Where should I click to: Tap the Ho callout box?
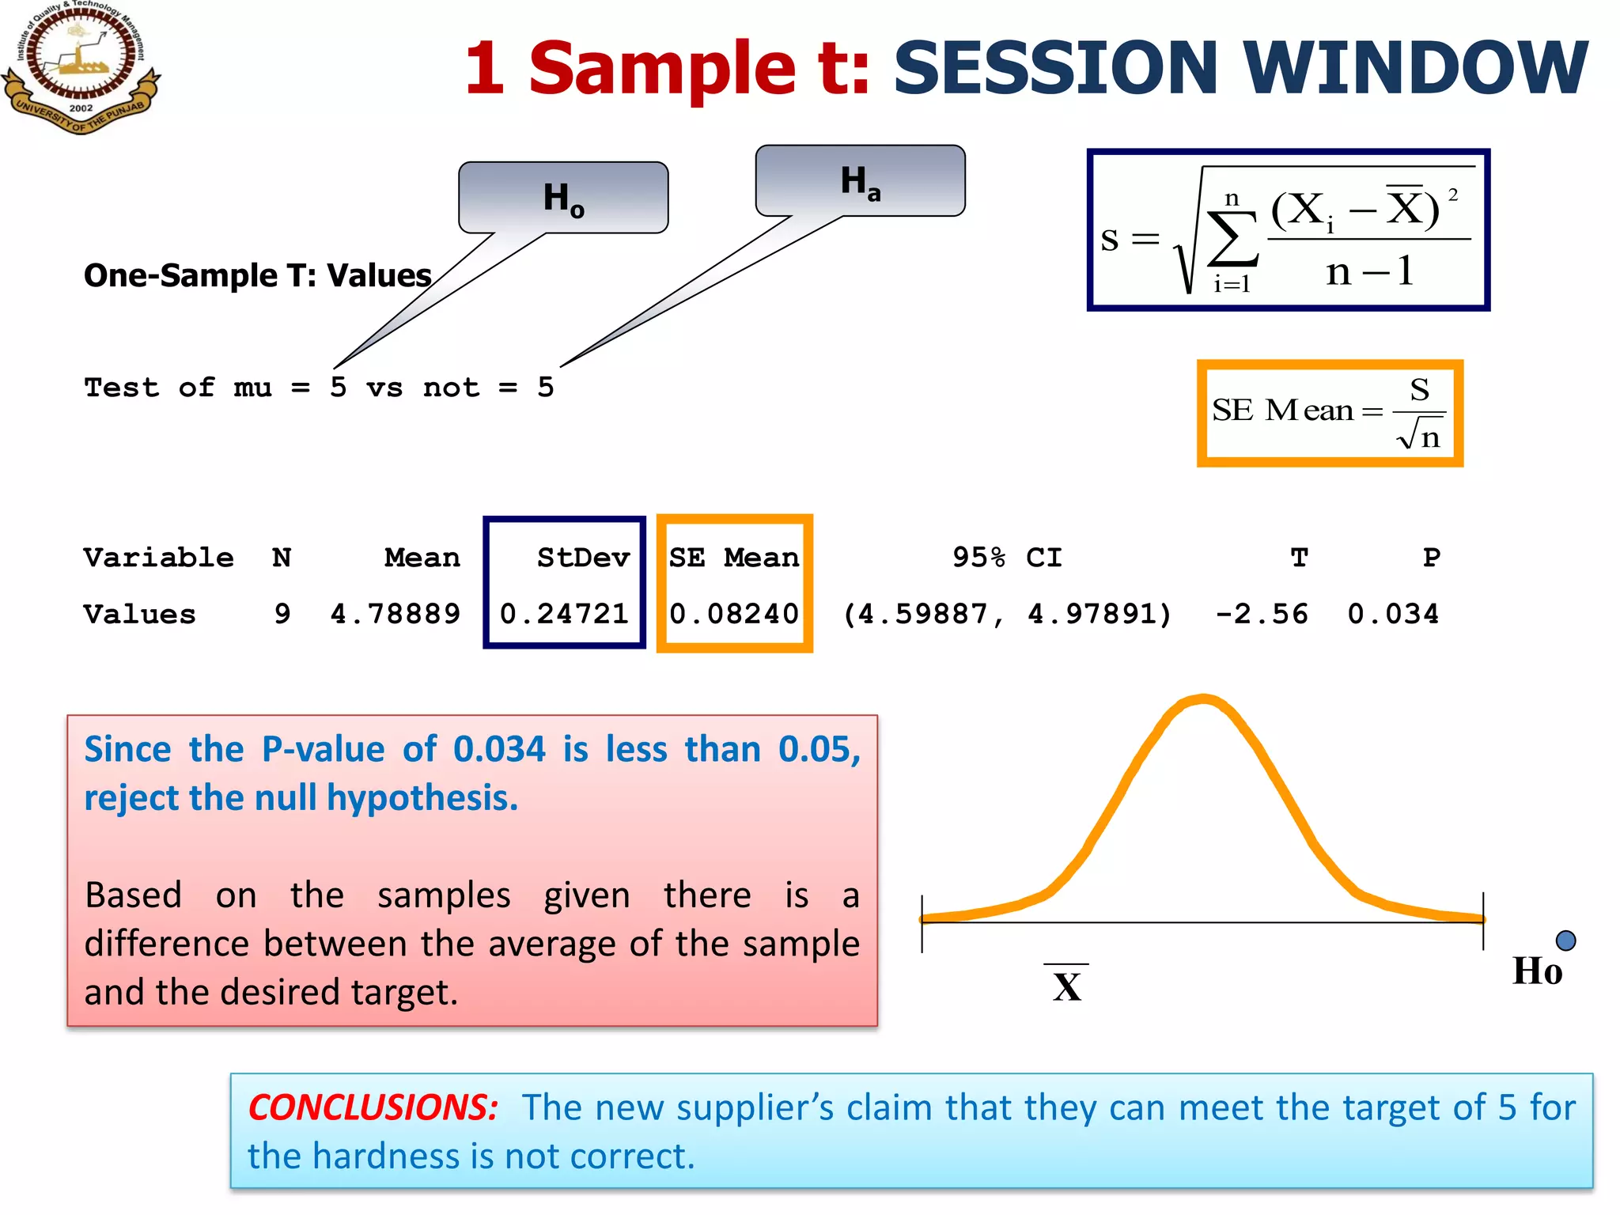pyautogui.click(x=563, y=198)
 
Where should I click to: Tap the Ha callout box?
pyautogui.click(x=860, y=181)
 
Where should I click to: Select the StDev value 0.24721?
pyautogui.click(x=564, y=614)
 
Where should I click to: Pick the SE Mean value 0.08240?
pyautogui.click(x=734, y=614)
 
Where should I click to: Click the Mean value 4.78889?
pyautogui.click(x=396, y=614)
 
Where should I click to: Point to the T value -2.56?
pyautogui.click(x=1262, y=614)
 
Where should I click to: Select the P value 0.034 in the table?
pyautogui.click(x=1393, y=614)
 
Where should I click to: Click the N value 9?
pyautogui.click(x=282, y=614)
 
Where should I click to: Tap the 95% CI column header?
pyautogui.click(x=1007, y=558)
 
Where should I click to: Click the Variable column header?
pyautogui.click(x=158, y=558)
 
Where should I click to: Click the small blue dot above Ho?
pyautogui.click(x=1565, y=940)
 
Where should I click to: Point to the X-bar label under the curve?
pyautogui.click(x=1066, y=986)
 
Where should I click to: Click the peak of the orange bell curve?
pyautogui.click(x=1203, y=699)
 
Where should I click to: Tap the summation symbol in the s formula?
pyautogui.click(x=1232, y=240)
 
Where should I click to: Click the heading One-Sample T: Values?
pyautogui.click(x=258, y=275)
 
